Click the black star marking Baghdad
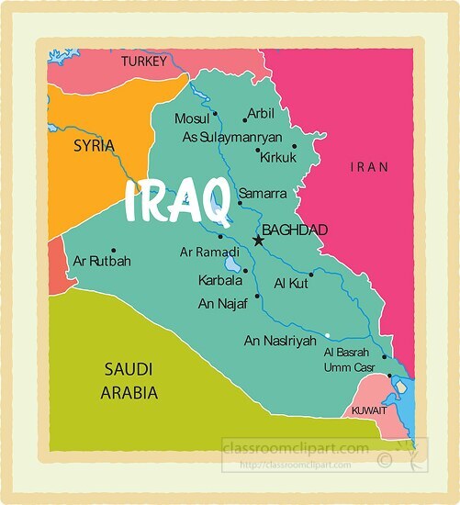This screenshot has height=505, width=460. tap(258, 241)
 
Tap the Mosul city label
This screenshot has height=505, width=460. tap(192, 119)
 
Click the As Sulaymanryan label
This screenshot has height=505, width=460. tap(234, 137)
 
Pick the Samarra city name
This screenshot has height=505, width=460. tap(263, 194)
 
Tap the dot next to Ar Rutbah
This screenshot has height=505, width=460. tap(113, 250)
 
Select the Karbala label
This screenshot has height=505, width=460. tap(220, 280)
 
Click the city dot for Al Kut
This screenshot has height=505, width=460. tap(311, 274)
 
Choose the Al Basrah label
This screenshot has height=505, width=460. tap(346, 353)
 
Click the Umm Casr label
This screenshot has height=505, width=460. tap(346, 367)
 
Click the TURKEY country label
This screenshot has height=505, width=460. tap(144, 62)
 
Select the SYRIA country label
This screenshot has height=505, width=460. tap(94, 146)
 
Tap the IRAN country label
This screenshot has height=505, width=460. tap(370, 167)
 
